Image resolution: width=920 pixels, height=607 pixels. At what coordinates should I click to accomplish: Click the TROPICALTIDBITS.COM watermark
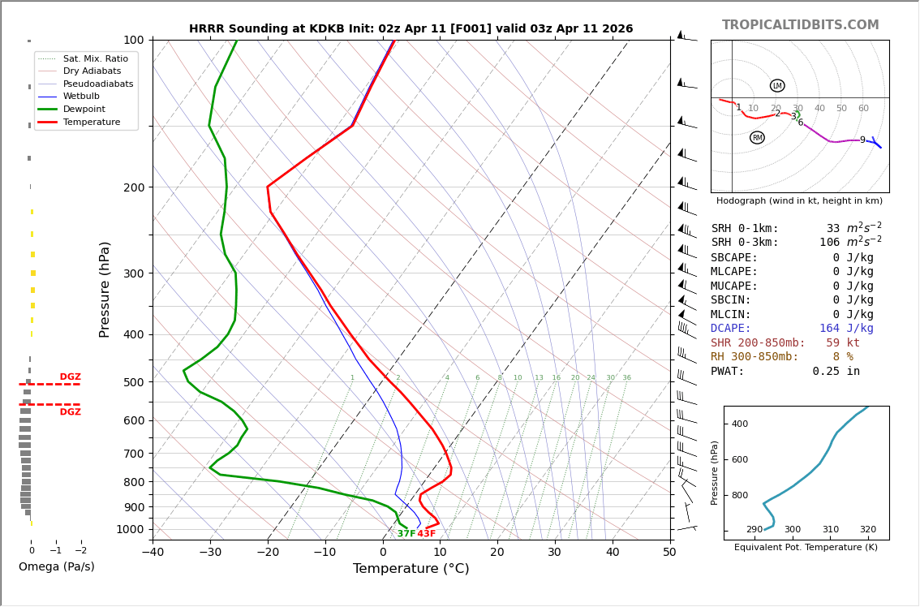point(800,25)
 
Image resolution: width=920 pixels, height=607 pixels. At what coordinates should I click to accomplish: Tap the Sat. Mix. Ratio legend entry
point(95,58)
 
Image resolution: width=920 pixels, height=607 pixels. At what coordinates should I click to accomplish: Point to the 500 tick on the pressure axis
point(134,382)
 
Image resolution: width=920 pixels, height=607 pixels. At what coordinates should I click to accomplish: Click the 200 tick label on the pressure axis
point(134,187)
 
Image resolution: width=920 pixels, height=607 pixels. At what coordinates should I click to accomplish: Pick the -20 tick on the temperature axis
point(268,553)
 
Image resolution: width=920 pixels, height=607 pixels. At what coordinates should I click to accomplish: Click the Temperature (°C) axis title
point(411,569)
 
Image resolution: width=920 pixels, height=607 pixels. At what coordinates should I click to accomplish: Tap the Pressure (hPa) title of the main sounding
point(105,289)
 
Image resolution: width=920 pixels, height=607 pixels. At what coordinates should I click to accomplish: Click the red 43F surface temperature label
point(427,534)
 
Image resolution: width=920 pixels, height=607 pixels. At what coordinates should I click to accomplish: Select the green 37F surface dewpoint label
point(406,534)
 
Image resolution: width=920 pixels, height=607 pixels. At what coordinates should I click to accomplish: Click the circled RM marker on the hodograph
point(757,138)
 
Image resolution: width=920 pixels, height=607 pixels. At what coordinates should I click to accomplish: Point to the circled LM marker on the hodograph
point(777,86)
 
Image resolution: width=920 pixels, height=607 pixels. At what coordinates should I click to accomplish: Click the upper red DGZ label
point(70,377)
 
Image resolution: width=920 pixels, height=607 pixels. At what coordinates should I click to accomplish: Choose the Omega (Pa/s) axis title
point(56,566)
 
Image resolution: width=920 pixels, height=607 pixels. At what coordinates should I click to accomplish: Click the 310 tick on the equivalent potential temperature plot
point(830,530)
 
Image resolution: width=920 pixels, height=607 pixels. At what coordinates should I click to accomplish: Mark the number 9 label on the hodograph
point(862,140)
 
